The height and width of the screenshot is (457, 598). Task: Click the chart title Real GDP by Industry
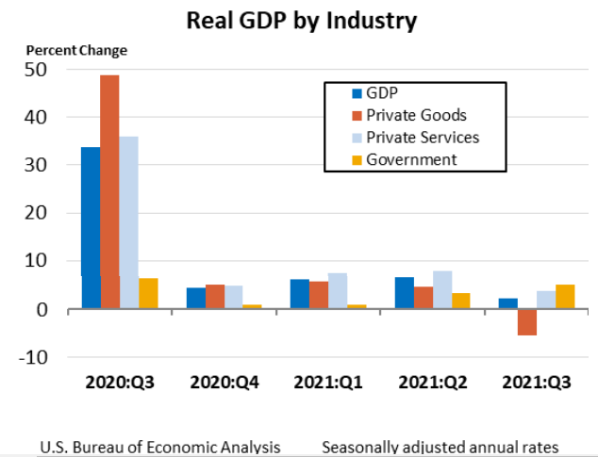pyautogui.click(x=301, y=20)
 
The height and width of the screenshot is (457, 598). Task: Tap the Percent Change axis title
pyautogui.click(x=75, y=50)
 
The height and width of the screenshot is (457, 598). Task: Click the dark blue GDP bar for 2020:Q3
pyautogui.click(x=91, y=227)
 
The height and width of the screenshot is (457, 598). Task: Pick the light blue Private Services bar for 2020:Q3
pyautogui.click(x=128, y=222)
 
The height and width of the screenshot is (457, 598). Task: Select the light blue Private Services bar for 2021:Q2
pyautogui.click(x=441, y=290)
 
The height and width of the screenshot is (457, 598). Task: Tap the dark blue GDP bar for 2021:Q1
pyautogui.click(x=299, y=294)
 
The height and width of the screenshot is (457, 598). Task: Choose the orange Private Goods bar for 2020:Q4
pyautogui.click(x=215, y=297)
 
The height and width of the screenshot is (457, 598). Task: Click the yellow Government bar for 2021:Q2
pyautogui.click(x=460, y=301)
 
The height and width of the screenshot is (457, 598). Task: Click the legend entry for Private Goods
pyautogui.click(x=416, y=115)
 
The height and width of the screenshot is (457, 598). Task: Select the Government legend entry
pyautogui.click(x=411, y=159)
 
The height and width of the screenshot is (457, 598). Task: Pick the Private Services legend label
pyautogui.click(x=423, y=138)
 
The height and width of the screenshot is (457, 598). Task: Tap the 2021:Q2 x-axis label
pyautogui.click(x=432, y=384)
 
